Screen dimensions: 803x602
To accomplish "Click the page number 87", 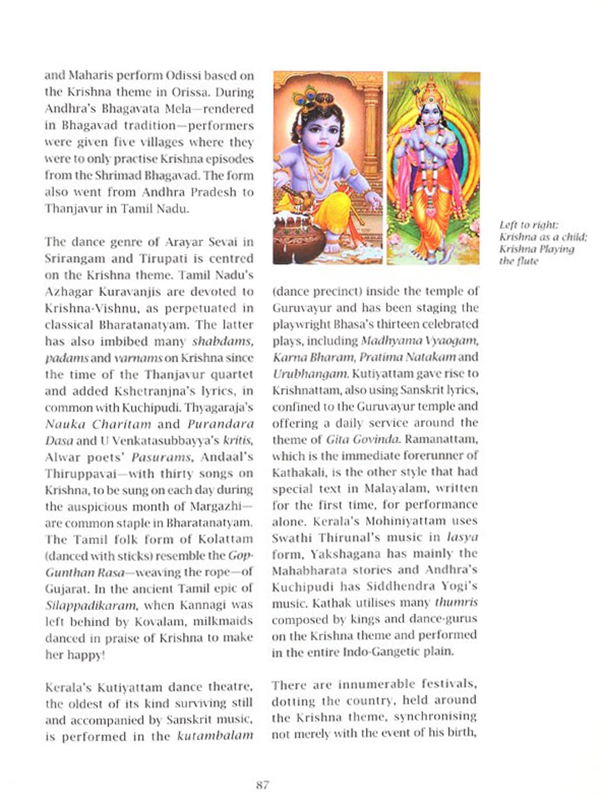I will [x=262, y=785].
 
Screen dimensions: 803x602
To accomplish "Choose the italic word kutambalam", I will [x=215, y=736].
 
